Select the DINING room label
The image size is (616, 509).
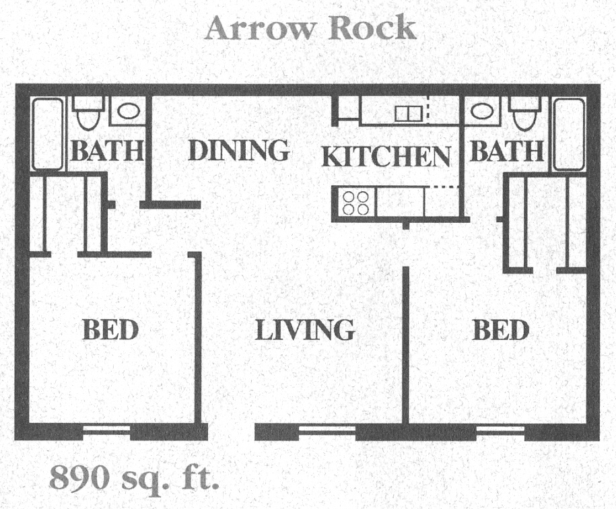(x=238, y=150)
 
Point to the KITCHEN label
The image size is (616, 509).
(x=386, y=156)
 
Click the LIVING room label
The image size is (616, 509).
(x=305, y=329)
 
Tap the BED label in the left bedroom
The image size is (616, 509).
(x=110, y=329)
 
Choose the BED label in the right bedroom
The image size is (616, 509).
(x=501, y=329)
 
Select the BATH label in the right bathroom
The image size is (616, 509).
(x=507, y=151)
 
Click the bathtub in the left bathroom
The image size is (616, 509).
(x=48, y=134)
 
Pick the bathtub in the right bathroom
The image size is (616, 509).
(x=569, y=135)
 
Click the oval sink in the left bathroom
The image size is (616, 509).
(x=129, y=111)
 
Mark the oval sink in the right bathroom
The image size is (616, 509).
(x=482, y=111)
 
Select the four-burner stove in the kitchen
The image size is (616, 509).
(x=355, y=203)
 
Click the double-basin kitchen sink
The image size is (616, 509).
(x=409, y=114)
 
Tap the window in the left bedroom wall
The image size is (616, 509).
(x=106, y=430)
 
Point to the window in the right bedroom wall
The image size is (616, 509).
(x=501, y=431)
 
